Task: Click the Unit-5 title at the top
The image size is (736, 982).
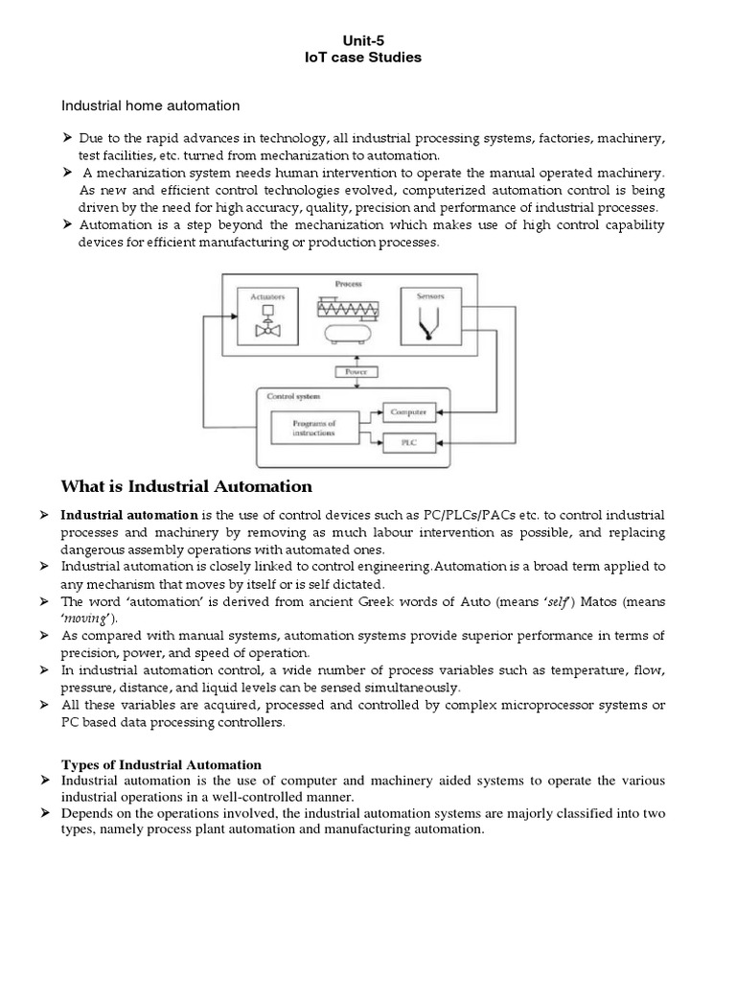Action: pos(368,40)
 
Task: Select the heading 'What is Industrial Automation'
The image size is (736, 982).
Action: pos(187,486)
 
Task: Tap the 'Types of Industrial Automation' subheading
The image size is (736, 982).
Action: pos(161,764)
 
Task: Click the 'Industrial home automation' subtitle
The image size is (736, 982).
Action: pos(150,105)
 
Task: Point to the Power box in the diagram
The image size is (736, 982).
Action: pos(356,372)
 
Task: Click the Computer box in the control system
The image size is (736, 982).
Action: pos(408,411)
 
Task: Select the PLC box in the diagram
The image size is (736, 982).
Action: pos(408,442)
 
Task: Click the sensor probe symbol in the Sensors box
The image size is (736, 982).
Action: pos(430,329)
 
